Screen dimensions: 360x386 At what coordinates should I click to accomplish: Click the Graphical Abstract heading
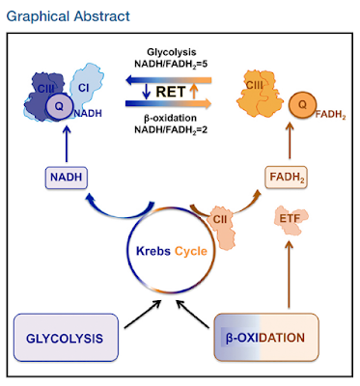[68, 16]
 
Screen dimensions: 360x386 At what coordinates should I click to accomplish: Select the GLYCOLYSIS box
[66, 338]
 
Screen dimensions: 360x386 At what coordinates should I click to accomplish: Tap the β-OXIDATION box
[266, 337]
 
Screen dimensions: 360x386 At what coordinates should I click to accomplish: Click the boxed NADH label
[66, 178]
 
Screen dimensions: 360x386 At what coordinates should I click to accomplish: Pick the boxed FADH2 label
[286, 178]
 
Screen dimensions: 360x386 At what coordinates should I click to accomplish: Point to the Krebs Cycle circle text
[172, 251]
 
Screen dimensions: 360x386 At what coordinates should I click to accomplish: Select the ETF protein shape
[290, 221]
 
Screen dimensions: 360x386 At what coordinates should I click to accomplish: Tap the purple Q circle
[59, 106]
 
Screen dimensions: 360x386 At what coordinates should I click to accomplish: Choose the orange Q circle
[302, 104]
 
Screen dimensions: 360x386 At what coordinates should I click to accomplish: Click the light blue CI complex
[85, 86]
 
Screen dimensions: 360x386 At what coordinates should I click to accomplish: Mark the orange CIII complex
[260, 90]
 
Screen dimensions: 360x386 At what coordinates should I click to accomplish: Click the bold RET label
[171, 92]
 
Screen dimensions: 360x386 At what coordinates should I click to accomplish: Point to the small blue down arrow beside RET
[147, 92]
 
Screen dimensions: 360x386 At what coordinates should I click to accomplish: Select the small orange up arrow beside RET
[193, 92]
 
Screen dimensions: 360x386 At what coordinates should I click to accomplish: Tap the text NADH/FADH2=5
[171, 64]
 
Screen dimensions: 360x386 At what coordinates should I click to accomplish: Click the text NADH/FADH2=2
[171, 129]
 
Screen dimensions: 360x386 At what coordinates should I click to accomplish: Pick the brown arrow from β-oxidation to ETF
[289, 274]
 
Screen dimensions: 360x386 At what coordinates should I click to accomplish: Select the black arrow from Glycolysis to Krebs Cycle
[143, 315]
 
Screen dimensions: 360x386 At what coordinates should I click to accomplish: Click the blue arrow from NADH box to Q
[67, 144]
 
